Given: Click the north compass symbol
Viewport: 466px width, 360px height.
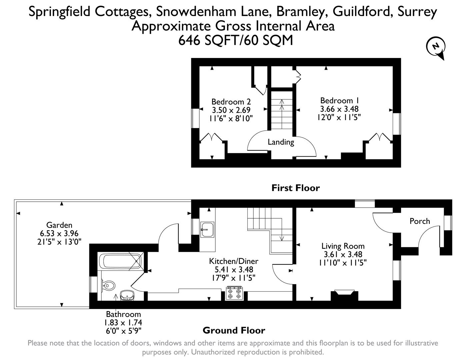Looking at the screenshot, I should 435,47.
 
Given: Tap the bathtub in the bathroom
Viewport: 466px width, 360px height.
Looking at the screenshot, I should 120,261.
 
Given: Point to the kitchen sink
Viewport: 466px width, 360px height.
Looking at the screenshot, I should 208,229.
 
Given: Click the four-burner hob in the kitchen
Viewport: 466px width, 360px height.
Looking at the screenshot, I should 234,293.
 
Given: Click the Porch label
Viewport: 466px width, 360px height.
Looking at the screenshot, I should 420,221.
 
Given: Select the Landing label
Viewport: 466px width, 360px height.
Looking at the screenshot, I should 281,142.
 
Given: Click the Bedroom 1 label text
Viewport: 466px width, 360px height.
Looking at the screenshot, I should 340,100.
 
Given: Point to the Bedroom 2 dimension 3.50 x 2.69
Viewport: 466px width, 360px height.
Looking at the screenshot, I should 231,110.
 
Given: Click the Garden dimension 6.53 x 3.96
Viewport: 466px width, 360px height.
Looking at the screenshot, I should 59,233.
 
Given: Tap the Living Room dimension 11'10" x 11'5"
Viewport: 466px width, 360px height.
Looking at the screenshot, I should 343,263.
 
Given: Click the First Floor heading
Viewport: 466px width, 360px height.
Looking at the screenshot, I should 295,188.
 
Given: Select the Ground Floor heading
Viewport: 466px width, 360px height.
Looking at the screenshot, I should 234,330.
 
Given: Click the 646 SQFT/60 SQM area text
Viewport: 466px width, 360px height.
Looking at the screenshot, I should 236,40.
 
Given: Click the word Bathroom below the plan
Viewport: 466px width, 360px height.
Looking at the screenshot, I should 123,314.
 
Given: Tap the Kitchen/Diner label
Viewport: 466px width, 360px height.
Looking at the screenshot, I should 233,261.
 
